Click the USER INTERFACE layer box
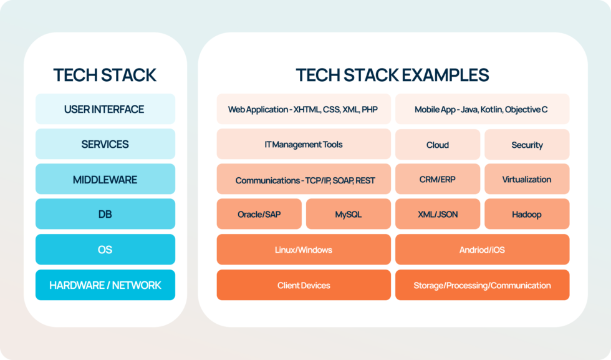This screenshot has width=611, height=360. [x=105, y=109]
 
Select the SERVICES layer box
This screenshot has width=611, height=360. [x=105, y=144]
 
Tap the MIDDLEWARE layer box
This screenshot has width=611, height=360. [x=105, y=180]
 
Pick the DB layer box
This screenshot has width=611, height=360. [x=105, y=214]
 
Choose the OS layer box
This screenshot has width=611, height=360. [x=105, y=250]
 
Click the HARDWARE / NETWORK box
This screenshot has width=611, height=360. [x=105, y=285]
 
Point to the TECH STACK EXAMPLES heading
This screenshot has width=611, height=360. [x=392, y=75]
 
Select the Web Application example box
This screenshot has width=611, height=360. [x=304, y=109]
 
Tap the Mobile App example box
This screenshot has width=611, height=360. [x=482, y=109]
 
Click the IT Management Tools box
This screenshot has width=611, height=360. [x=304, y=144]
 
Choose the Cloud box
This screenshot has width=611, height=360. [x=438, y=145]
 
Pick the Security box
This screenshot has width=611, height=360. [x=527, y=145]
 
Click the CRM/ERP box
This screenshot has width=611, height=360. [x=438, y=179]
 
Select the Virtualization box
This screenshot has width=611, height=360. [x=527, y=179]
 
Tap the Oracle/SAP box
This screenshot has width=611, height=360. [x=259, y=214]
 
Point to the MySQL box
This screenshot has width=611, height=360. [x=349, y=214]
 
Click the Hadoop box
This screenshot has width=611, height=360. [x=527, y=214]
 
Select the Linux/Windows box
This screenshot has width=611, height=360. [x=304, y=250]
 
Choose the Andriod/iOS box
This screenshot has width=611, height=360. [x=482, y=250]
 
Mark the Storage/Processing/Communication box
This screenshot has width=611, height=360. [x=482, y=285]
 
